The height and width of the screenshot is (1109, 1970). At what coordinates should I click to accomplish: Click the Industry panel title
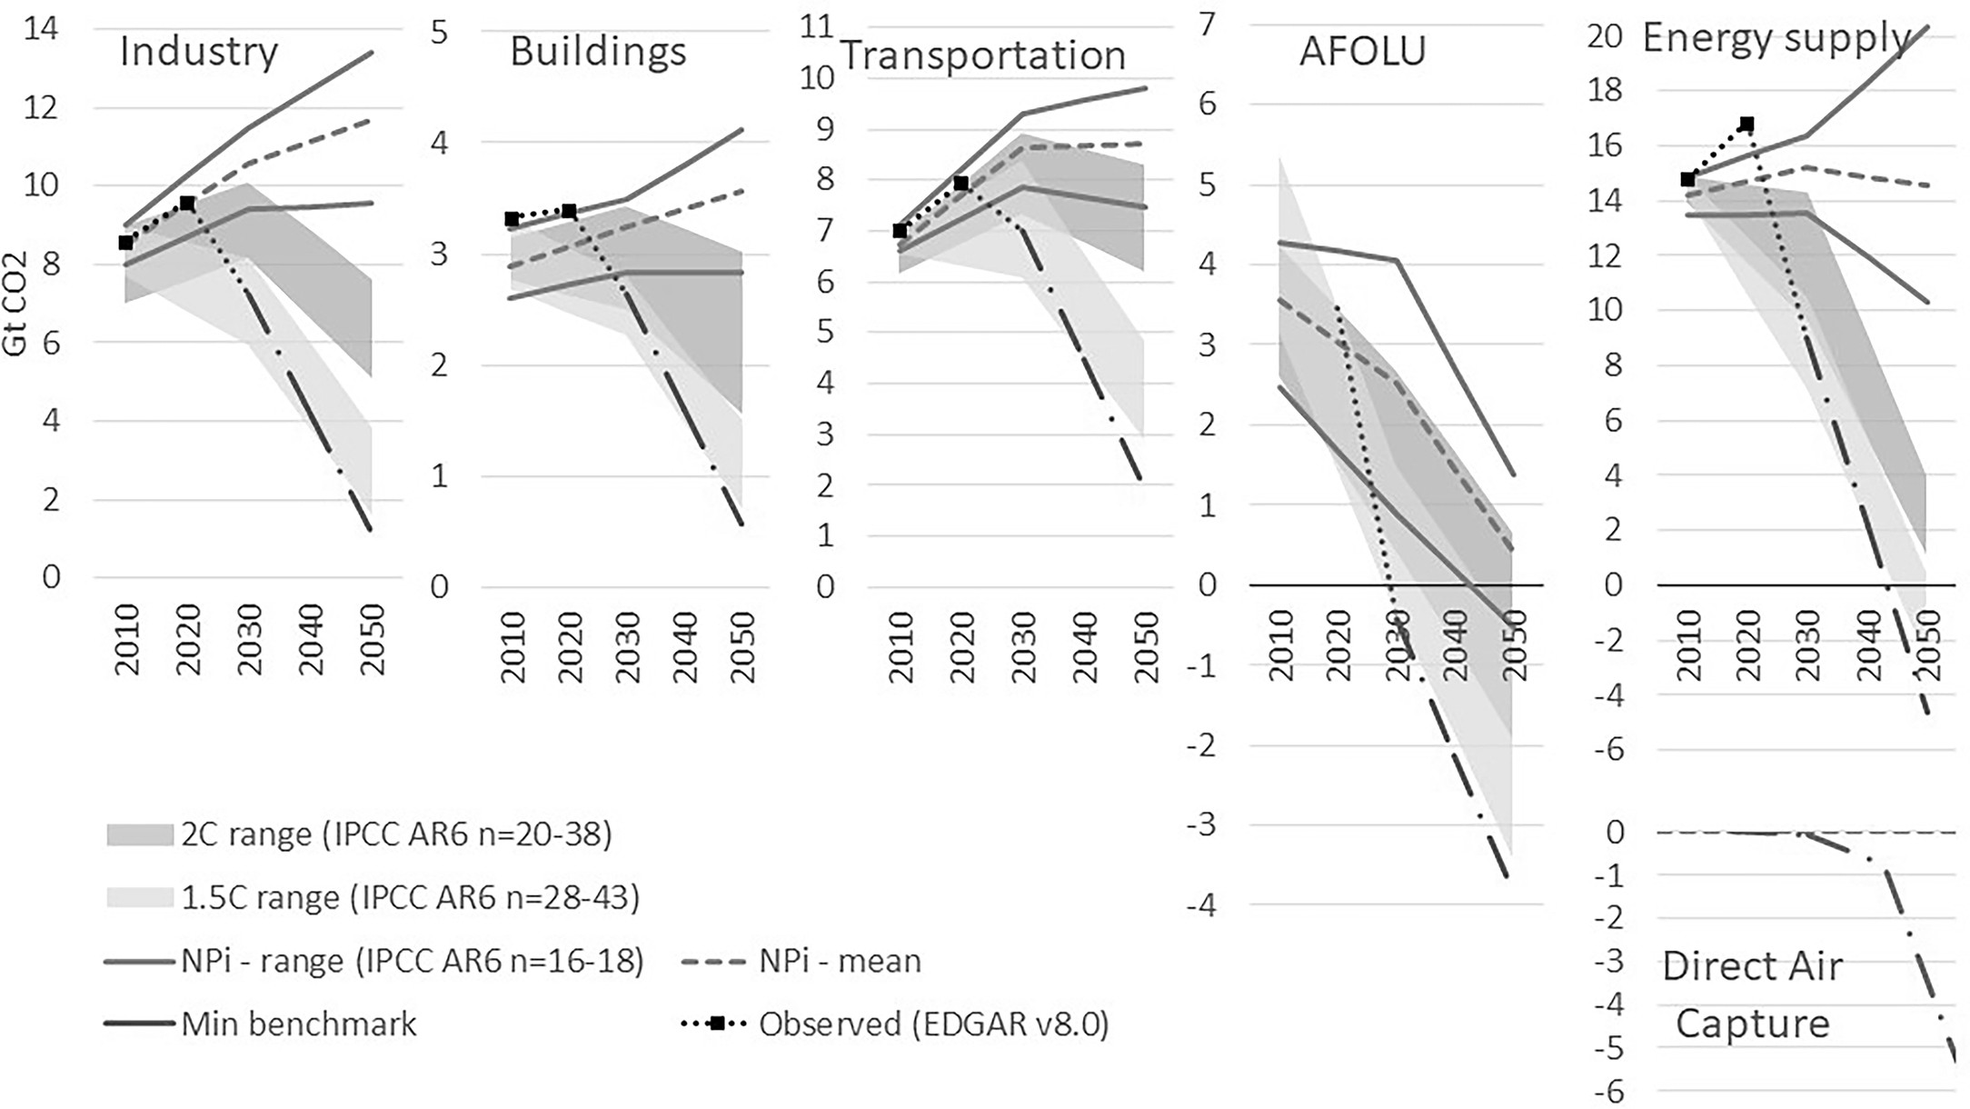tap(199, 52)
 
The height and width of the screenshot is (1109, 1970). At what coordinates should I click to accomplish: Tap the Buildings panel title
tap(598, 52)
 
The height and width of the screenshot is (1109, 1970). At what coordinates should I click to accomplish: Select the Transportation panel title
tap(983, 55)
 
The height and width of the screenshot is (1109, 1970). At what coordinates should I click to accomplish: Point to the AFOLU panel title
tap(1362, 52)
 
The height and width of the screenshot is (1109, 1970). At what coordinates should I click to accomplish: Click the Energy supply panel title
tap(1776, 38)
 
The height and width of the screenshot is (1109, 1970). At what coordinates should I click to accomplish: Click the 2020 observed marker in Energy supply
tap(1746, 124)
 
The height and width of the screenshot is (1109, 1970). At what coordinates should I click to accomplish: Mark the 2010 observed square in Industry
tap(126, 243)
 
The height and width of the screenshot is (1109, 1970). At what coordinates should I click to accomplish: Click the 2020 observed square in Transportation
tap(961, 184)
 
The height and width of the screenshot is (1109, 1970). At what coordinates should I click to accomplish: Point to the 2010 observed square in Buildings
tap(512, 219)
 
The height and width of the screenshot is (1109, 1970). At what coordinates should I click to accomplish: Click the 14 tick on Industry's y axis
tap(42, 29)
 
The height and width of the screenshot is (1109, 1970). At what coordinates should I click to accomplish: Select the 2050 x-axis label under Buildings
tap(741, 646)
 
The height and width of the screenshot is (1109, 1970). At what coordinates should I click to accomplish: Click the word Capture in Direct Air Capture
tap(1752, 1024)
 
